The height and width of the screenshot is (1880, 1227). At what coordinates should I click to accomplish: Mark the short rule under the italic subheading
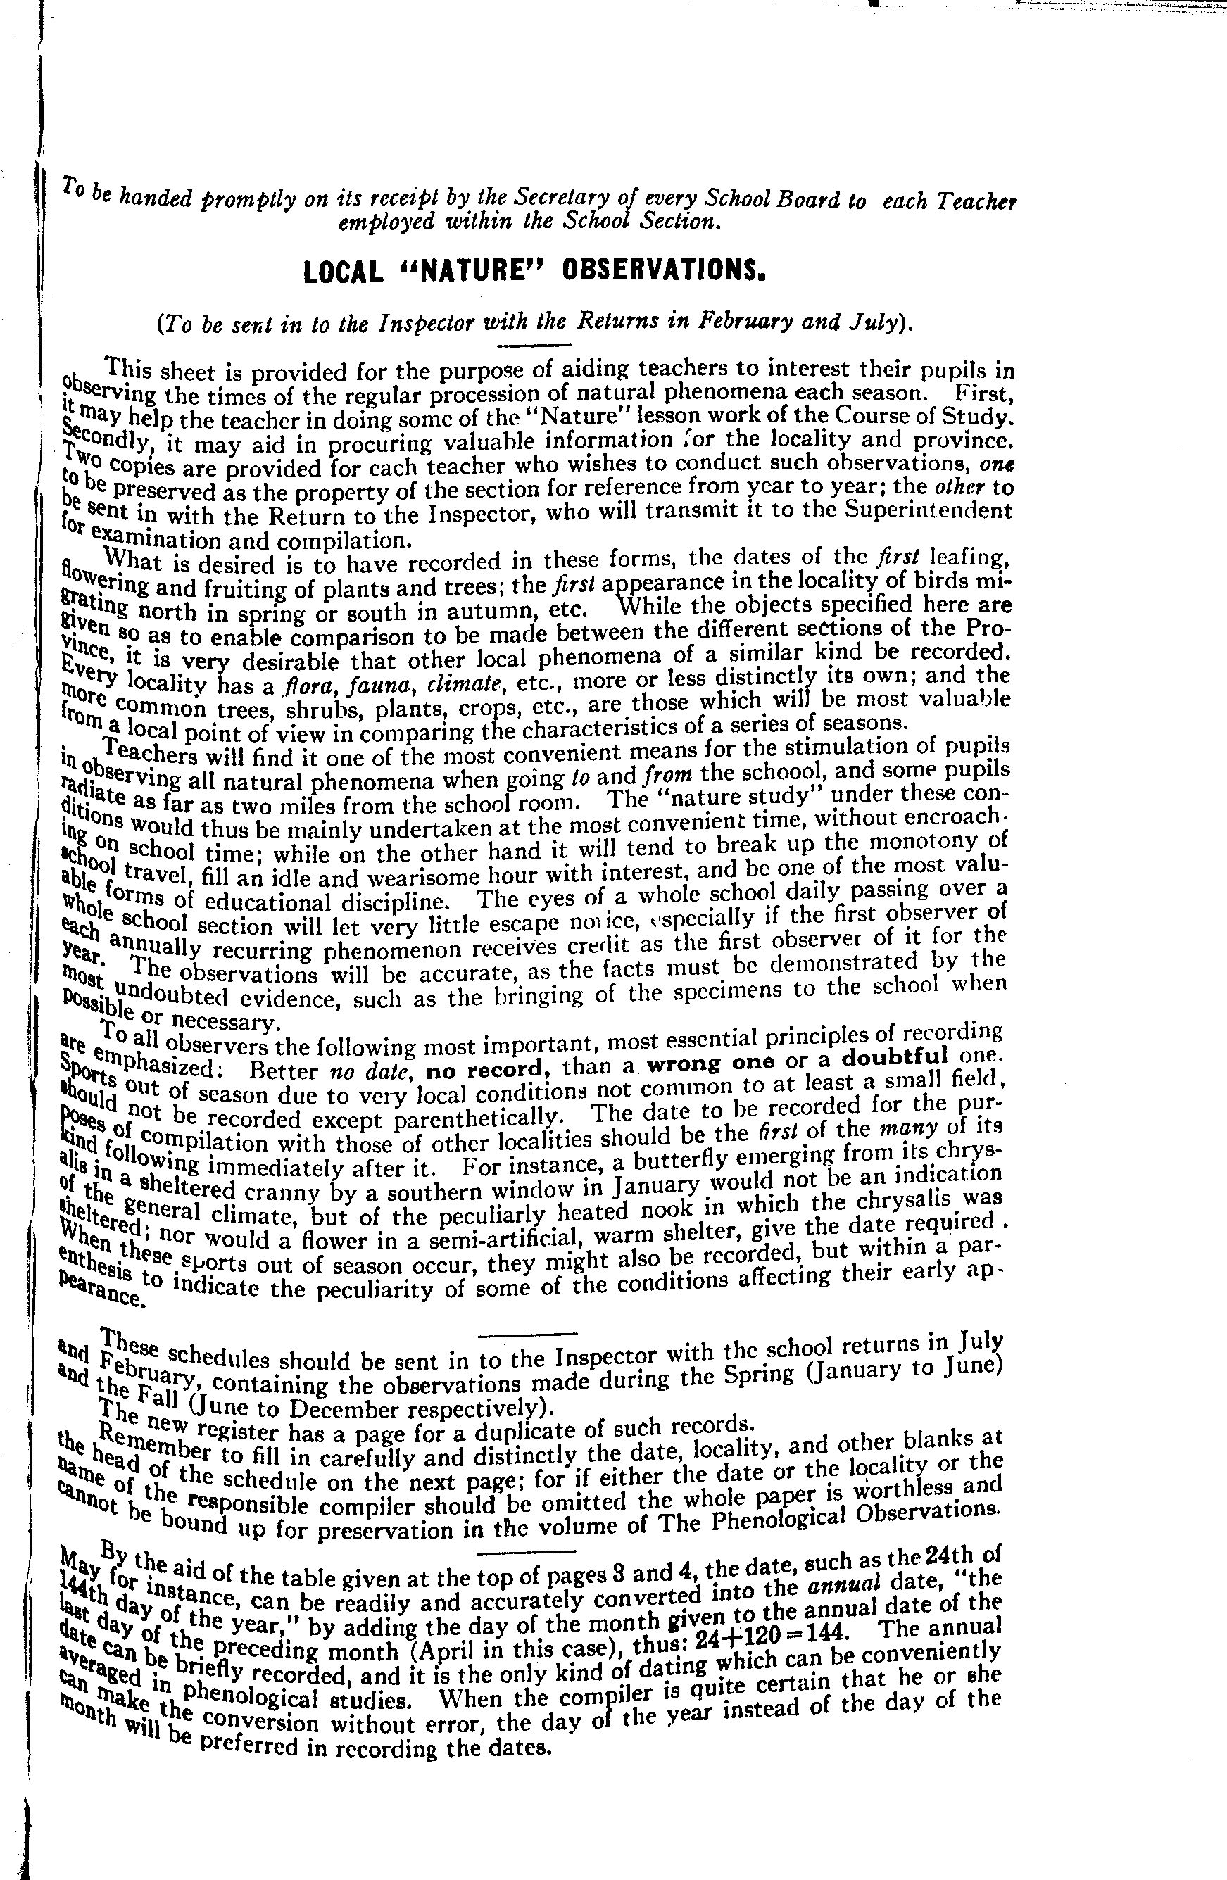(x=534, y=345)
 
